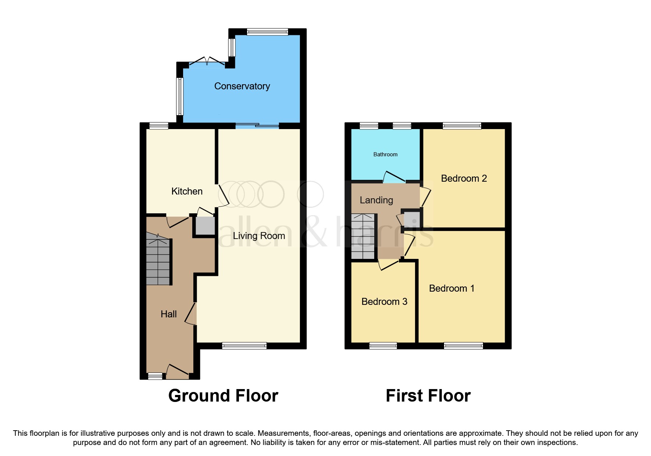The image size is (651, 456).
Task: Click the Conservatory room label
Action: [x=242, y=86]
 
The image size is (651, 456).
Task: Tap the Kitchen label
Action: [x=187, y=191]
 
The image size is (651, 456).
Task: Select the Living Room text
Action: [x=259, y=236]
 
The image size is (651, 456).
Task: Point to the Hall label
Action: [x=169, y=314]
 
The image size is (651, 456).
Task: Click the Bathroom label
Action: [x=385, y=154]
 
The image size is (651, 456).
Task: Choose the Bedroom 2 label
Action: [x=464, y=178]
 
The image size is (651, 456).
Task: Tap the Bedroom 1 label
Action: [x=451, y=288]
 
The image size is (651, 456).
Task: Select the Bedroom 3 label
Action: [x=384, y=302]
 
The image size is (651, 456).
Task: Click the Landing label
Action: [x=376, y=200]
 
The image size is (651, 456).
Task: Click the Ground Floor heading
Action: [x=223, y=396]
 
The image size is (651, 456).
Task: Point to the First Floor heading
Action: [x=428, y=396]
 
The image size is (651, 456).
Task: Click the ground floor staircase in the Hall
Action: [x=158, y=261]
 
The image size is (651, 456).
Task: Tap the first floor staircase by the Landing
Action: [x=363, y=236]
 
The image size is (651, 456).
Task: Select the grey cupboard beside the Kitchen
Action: [x=205, y=226]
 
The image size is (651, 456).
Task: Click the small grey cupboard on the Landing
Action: [x=411, y=220]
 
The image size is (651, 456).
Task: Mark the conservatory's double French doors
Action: [x=207, y=63]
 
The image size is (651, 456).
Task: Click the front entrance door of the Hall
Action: [x=178, y=371]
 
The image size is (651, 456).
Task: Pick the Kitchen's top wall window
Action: [x=158, y=126]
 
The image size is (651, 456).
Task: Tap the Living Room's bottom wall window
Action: [x=244, y=346]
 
